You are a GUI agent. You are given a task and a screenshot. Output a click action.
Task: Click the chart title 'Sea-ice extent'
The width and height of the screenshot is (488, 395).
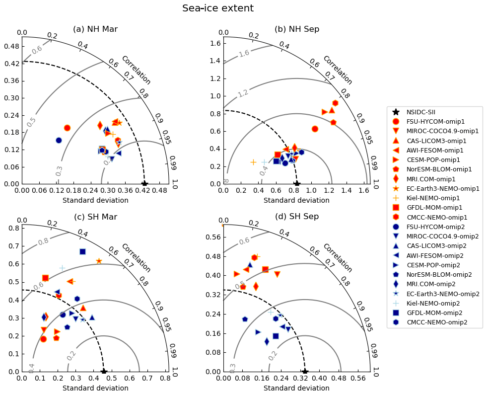pos(218,8)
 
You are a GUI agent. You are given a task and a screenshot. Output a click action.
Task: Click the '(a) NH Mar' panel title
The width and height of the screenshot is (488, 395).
pos(95,29)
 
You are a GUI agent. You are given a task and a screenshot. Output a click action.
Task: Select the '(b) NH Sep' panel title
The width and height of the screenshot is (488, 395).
pos(297,29)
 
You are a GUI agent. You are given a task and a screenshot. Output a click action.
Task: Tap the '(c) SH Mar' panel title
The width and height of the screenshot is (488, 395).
pos(95,217)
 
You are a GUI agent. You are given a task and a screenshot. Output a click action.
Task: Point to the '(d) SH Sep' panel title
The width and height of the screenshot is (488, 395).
pos(297,217)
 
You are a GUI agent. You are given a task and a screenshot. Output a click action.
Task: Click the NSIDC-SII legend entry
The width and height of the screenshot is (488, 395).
pos(421,112)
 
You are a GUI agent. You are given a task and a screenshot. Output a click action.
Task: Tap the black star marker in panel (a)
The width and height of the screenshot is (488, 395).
pos(144,184)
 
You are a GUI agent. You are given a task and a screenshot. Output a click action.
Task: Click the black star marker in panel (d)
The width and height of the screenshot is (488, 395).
pos(305,372)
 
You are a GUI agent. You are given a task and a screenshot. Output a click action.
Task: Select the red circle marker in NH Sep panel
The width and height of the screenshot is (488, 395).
pos(315,129)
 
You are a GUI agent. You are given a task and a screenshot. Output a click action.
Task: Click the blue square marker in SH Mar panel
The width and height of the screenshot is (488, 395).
pos(82,251)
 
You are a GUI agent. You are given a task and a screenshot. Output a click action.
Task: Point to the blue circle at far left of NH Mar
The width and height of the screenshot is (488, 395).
pos(59,140)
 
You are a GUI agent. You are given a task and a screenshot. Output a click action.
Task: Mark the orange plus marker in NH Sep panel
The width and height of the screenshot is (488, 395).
pos(253,162)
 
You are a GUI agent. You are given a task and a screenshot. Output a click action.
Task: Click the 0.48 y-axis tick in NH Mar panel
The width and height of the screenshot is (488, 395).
pos(11,46)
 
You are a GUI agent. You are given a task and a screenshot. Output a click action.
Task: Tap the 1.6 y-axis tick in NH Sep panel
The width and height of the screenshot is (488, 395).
pos(214,43)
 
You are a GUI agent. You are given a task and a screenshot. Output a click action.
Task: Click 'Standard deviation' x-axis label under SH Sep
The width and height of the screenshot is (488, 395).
pos(296,388)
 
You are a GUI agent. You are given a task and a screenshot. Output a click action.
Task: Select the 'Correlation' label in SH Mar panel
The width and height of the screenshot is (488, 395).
pos(136,258)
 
